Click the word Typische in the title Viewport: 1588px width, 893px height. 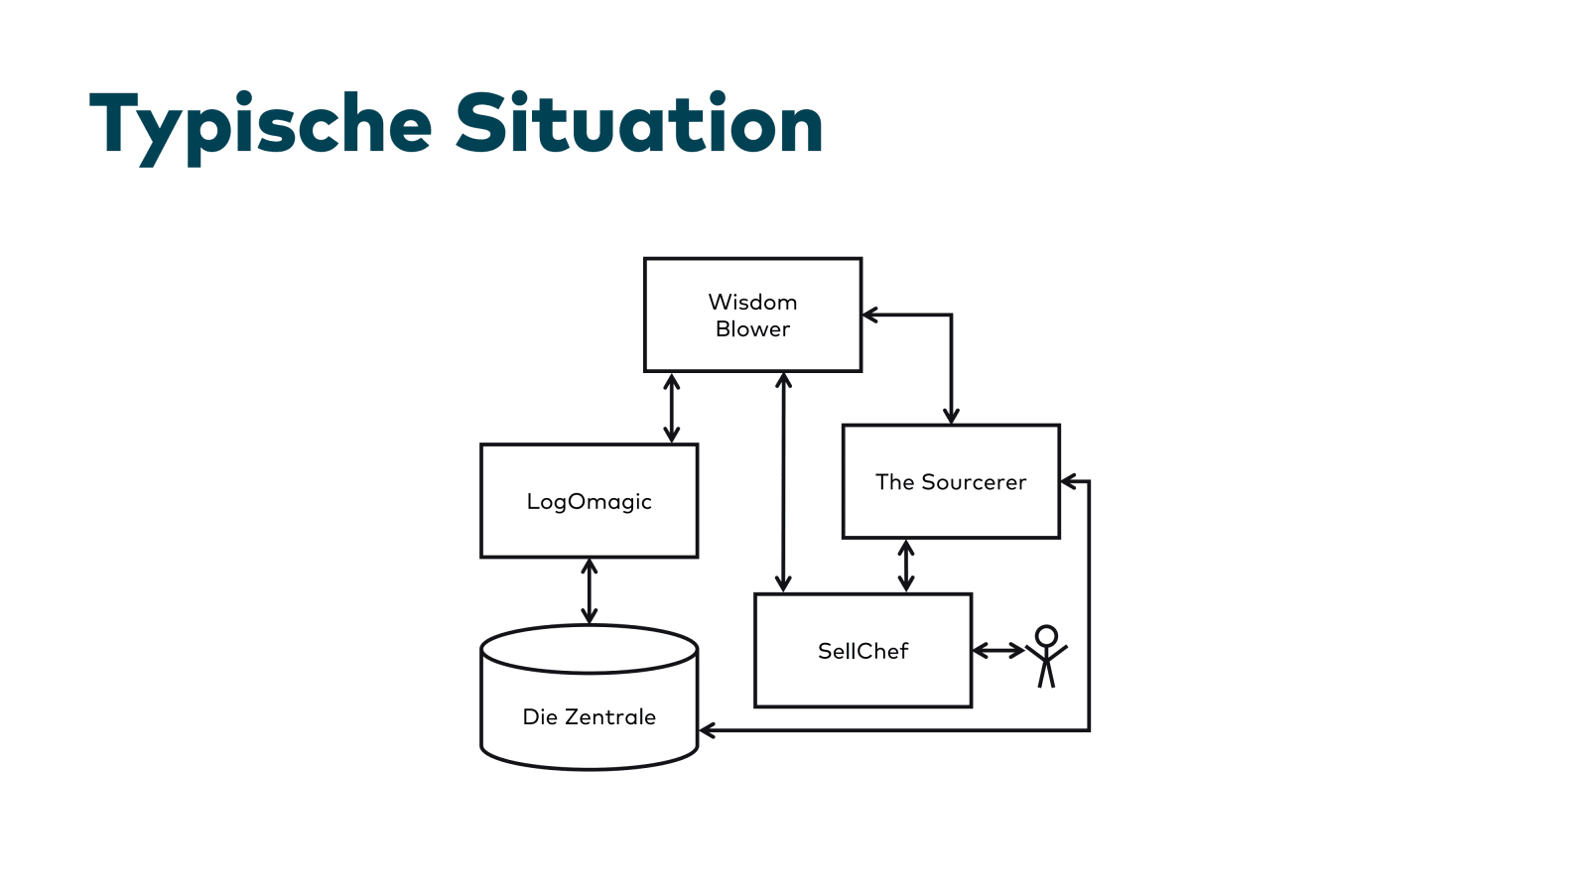click(x=260, y=124)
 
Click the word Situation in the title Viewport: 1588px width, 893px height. click(x=639, y=124)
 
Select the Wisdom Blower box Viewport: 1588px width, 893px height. click(x=752, y=315)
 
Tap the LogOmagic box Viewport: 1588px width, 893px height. click(x=589, y=501)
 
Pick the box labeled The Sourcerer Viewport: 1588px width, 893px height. click(x=951, y=482)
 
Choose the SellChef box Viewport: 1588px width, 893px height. click(x=862, y=651)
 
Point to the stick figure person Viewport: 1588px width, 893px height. click(x=1046, y=657)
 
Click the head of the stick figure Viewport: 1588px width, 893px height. click(x=1046, y=636)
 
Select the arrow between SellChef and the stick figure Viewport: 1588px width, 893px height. click(x=998, y=651)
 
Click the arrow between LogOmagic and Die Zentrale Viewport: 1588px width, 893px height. click(x=590, y=591)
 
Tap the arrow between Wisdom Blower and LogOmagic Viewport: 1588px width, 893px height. click(x=672, y=408)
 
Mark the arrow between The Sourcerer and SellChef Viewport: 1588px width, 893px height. click(x=905, y=566)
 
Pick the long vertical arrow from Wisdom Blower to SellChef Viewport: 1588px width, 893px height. click(x=783, y=482)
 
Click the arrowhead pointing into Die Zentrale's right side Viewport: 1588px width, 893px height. click(x=707, y=730)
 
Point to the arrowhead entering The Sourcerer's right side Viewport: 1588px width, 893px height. click(x=1068, y=482)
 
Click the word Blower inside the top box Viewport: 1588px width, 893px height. click(x=752, y=329)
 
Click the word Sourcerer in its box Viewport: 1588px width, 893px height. click(x=974, y=482)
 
